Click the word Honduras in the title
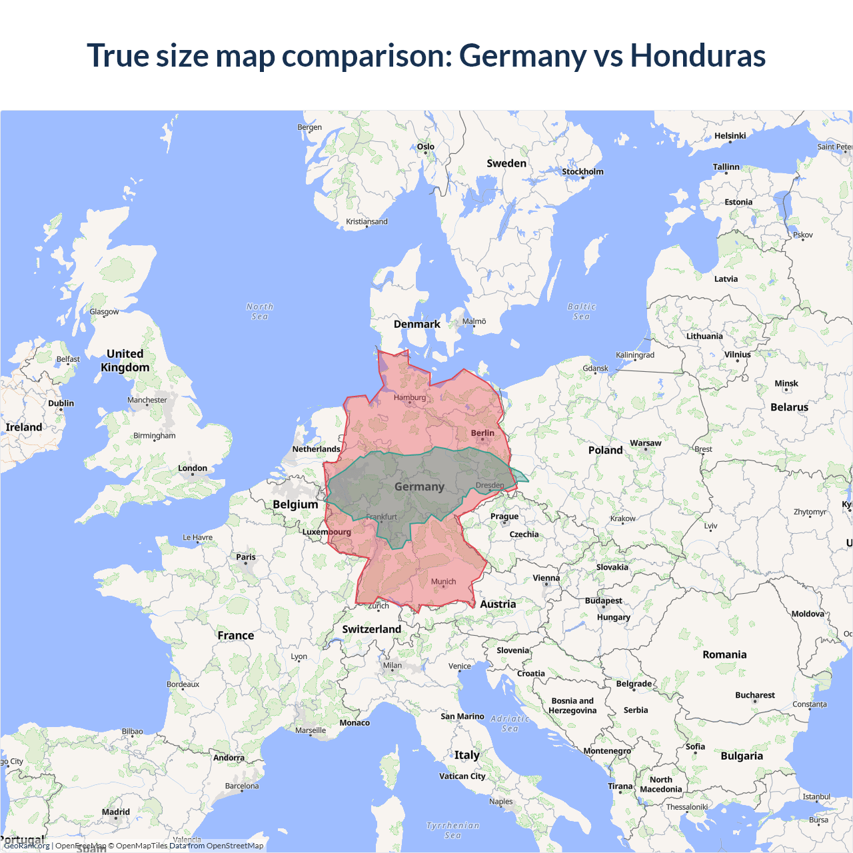[x=698, y=55]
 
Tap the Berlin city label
[x=482, y=433]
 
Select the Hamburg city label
[x=409, y=398]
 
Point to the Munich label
[x=443, y=582]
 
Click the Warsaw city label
[x=645, y=443]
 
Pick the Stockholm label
[x=582, y=172]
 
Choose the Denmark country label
[x=417, y=325]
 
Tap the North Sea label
[x=260, y=311]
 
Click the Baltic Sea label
[x=582, y=311]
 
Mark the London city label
[x=193, y=468]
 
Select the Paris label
[x=245, y=557]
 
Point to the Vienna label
[x=546, y=578]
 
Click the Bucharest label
[x=754, y=695]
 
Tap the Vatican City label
[x=462, y=776]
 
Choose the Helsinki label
[x=730, y=136]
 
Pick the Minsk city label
[x=786, y=384]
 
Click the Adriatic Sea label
[x=510, y=724]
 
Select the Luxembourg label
[x=327, y=532]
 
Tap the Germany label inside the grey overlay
[x=419, y=487]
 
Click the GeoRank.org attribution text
[x=27, y=846]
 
